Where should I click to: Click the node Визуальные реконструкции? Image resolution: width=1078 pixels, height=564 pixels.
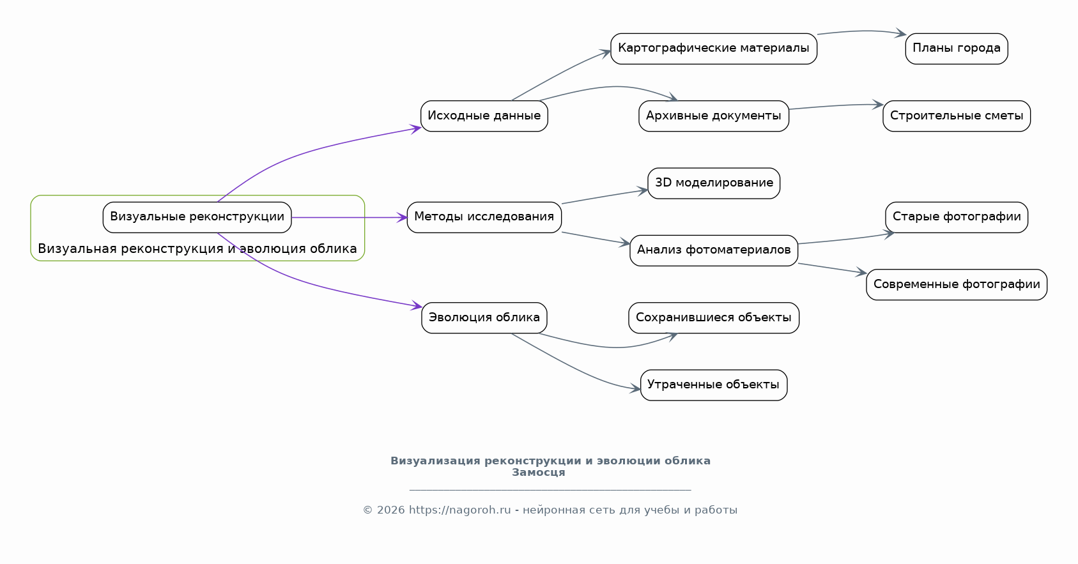[x=197, y=218]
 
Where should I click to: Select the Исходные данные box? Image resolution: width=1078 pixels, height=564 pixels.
[x=484, y=116]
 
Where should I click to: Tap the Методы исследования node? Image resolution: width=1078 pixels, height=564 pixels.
[x=484, y=218]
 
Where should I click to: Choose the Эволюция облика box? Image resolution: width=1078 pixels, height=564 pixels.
[x=484, y=317]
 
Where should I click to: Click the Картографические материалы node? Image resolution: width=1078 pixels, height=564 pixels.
[x=714, y=49]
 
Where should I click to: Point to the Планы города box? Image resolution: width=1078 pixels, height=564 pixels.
[x=957, y=49]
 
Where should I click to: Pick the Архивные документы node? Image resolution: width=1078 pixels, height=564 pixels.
[x=714, y=116]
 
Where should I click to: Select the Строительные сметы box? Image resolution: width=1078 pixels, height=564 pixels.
[x=957, y=116]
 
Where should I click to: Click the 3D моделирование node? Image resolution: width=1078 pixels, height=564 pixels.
[x=714, y=183]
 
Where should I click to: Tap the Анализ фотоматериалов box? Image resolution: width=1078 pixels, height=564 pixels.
[x=714, y=250]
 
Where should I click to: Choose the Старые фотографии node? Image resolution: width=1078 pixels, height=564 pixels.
[x=957, y=218]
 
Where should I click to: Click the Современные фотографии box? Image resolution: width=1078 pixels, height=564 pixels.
[x=957, y=284]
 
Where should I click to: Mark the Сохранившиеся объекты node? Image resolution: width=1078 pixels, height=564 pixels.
[x=714, y=317]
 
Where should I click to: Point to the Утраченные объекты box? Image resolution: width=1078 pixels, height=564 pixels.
[x=714, y=385]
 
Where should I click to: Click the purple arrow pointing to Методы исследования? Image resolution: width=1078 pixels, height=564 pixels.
[x=350, y=218]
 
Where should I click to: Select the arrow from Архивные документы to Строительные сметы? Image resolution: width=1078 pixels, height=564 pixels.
[x=836, y=106]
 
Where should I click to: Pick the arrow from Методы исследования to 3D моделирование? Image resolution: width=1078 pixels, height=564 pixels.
[x=604, y=196]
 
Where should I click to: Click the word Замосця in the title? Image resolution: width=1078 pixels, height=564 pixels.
[x=539, y=473]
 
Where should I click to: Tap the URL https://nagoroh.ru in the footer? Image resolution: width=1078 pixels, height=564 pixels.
[x=459, y=510]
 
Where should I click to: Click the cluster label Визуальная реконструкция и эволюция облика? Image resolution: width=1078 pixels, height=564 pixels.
[x=197, y=249]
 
